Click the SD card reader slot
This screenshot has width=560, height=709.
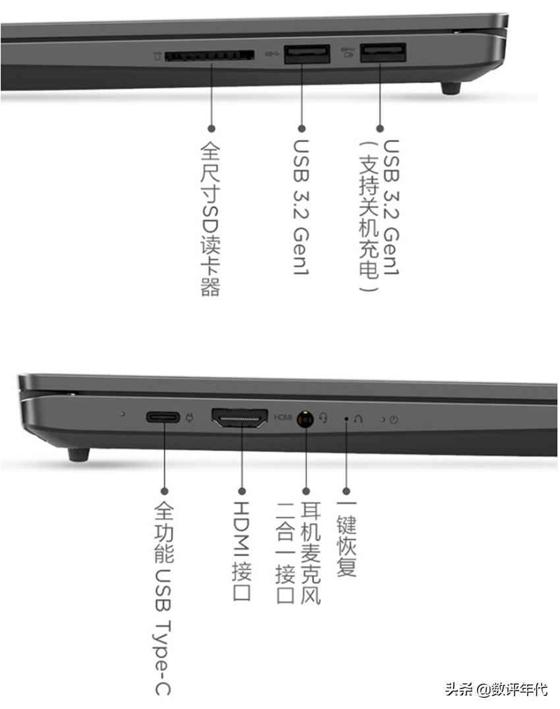click(x=209, y=55)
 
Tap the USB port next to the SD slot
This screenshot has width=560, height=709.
click(x=307, y=54)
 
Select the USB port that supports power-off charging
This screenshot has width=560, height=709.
click(x=383, y=52)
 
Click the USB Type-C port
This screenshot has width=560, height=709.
click(x=163, y=416)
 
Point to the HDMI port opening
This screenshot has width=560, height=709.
click(x=240, y=417)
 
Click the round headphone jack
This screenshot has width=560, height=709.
click(x=306, y=419)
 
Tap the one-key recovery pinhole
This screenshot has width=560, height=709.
click(x=347, y=419)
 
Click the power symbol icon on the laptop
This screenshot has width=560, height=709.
click(x=394, y=420)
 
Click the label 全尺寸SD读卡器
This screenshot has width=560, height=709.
click(x=211, y=218)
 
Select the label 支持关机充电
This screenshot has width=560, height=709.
click(x=368, y=216)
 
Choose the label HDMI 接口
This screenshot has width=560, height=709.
click(x=242, y=550)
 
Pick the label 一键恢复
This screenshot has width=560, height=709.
click(x=347, y=539)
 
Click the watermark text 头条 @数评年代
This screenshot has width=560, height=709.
click(x=496, y=689)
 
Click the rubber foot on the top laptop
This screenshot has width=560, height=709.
click(x=451, y=88)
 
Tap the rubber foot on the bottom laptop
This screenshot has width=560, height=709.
click(x=78, y=455)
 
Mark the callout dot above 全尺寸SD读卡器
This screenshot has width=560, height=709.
click(x=211, y=129)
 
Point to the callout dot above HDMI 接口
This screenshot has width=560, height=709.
click(x=242, y=491)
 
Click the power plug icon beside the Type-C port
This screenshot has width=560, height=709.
click(x=189, y=417)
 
